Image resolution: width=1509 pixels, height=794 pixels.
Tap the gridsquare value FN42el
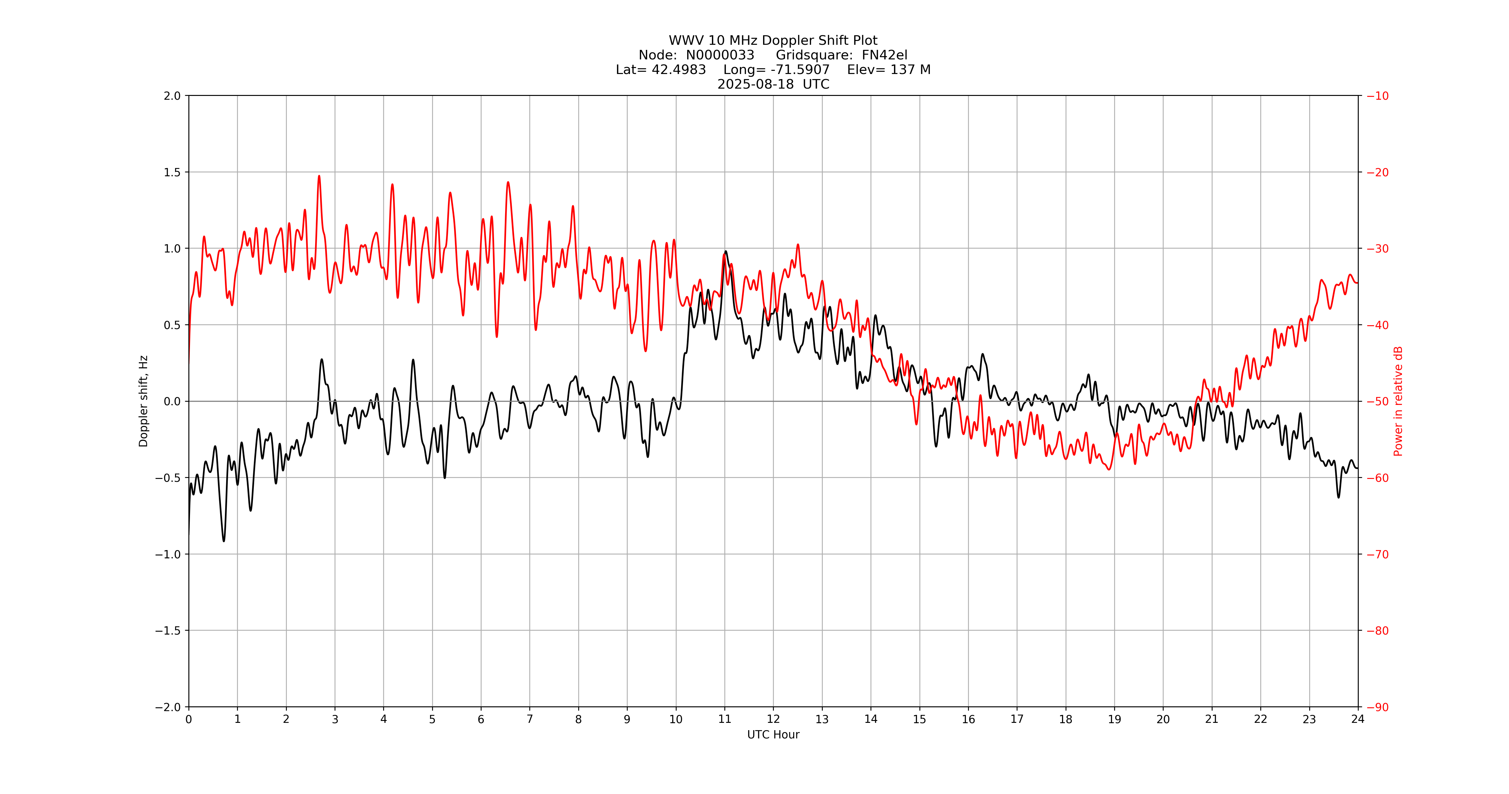884,55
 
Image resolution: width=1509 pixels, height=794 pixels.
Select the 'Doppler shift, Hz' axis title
144,401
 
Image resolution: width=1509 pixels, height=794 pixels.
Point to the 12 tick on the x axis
773,719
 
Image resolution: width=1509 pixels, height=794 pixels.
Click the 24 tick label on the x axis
1358,719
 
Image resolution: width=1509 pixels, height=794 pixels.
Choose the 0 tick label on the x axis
189,719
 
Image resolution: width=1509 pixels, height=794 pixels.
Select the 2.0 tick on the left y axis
172,96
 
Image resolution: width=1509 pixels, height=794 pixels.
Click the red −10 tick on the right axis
1377,96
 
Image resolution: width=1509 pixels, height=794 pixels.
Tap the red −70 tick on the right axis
1377,554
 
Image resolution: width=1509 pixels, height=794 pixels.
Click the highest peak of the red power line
319,176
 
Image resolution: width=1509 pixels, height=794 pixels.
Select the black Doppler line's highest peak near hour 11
726,251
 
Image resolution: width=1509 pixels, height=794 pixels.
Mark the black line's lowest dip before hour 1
224,541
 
